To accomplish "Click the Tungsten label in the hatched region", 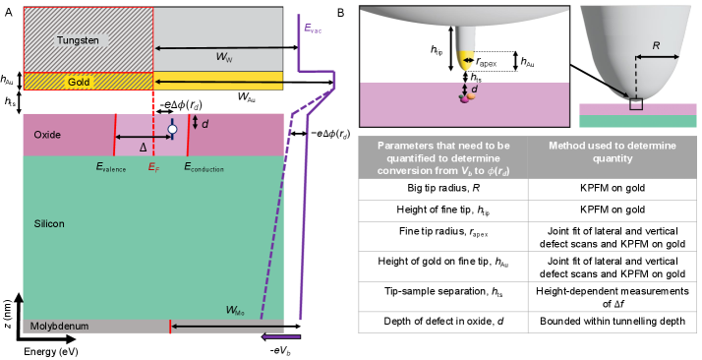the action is tap(78, 40).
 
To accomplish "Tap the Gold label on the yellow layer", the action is tap(79, 82).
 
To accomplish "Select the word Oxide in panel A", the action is tap(47, 135).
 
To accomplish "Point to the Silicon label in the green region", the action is tap(49, 223).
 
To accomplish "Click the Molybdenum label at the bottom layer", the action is tap(60, 326).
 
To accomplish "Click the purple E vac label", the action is tap(313, 30).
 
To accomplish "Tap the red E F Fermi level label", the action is tap(153, 168).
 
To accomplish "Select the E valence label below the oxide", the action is tap(111, 168).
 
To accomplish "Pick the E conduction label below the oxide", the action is tap(204, 168).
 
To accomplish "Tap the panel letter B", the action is tap(341, 13).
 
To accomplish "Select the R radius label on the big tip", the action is tap(656, 46).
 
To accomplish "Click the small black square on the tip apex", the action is tap(636, 104).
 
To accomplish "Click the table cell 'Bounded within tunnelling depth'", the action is tap(613, 322).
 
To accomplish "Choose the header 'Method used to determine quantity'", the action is tap(613, 151).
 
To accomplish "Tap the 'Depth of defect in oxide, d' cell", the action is tap(442, 322).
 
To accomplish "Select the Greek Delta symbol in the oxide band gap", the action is tap(143, 148).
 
